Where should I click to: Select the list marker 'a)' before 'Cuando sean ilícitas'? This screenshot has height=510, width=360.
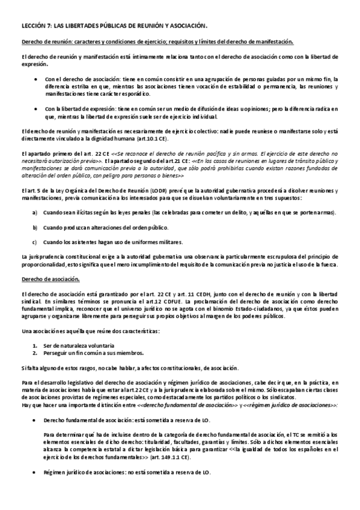click(35, 214)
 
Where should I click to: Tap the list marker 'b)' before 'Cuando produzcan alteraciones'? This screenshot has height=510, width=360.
click(35, 227)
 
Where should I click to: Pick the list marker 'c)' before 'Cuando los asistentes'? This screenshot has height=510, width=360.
click(35, 242)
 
